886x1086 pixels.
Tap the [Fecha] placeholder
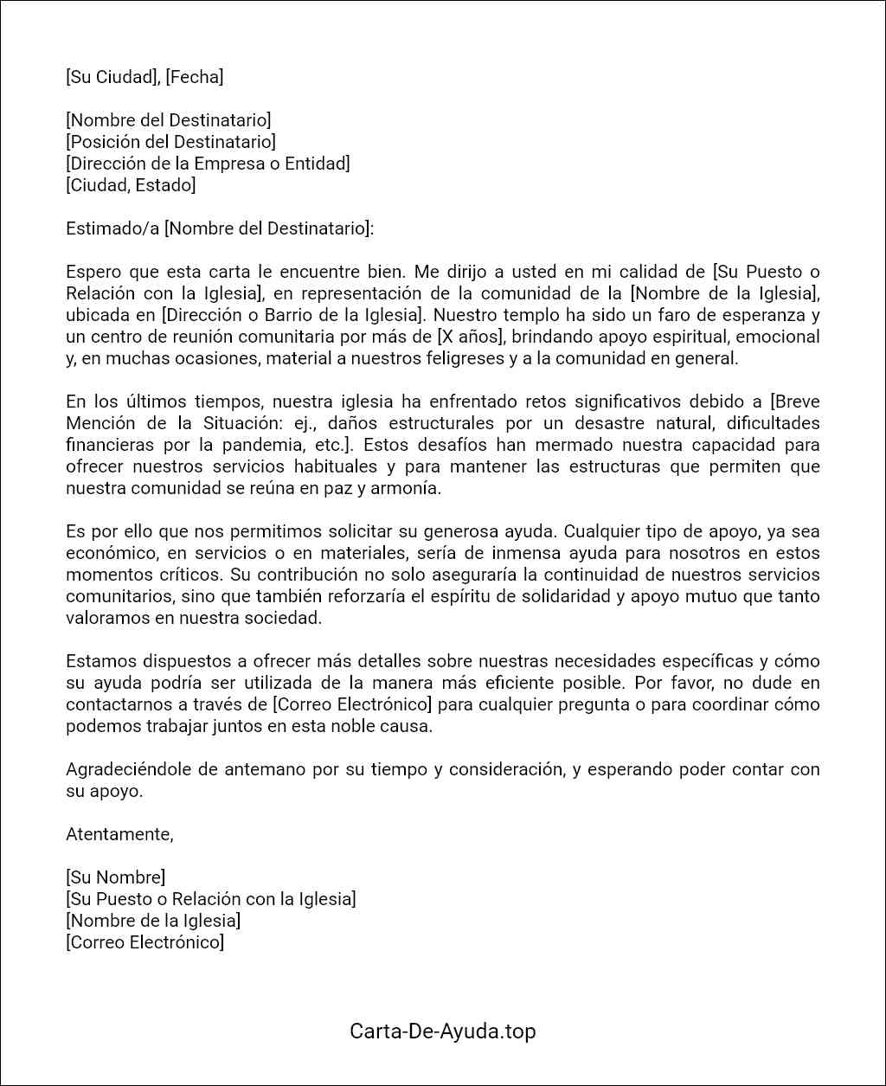[194, 77]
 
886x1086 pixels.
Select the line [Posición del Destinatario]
[170, 142]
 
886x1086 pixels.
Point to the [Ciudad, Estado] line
[131, 185]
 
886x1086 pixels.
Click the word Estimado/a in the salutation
[112, 228]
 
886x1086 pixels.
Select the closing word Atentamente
[119, 834]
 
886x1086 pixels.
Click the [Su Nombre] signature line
[115, 877]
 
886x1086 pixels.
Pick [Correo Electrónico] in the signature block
[144, 942]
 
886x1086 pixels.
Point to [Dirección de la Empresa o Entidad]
[208, 164]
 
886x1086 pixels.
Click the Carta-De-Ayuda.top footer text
[442, 1031]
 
